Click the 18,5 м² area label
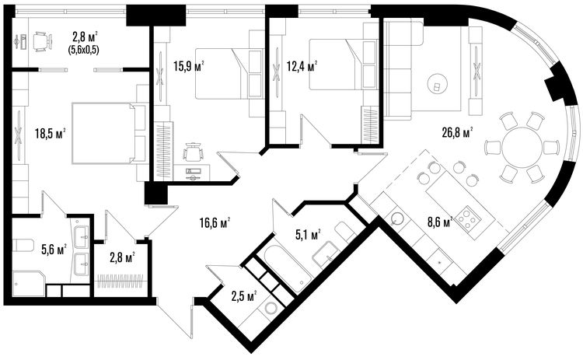[x=51, y=133]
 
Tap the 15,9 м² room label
[x=189, y=66]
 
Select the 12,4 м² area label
[x=302, y=66]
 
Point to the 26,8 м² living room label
[x=457, y=133]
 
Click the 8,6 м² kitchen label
[x=440, y=222]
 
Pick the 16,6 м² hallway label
[x=215, y=223]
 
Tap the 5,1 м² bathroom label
[x=309, y=235]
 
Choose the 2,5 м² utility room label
[x=244, y=296]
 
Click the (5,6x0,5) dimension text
[x=83, y=51]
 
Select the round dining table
[x=522, y=147]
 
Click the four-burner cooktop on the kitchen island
[x=467, y=218]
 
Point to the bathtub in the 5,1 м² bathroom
[x=288, y=267]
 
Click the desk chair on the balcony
[x=42, y=41]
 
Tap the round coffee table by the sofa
[x=437, y=83]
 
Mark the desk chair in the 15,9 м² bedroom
[x=193, y=152]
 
